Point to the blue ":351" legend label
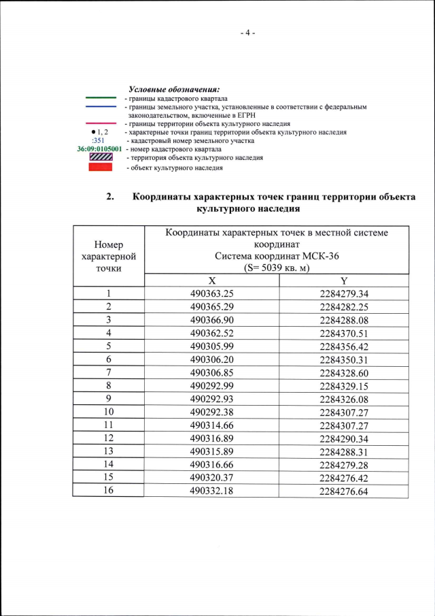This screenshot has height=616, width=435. coord(97,141)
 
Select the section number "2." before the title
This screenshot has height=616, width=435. coord(110,197)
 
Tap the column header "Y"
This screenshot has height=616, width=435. coord(344,280)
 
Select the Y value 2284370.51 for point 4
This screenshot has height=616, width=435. coord(344,334)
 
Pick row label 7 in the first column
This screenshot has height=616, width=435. coord(109,373)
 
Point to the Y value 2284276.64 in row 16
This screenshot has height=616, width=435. coord(344,491)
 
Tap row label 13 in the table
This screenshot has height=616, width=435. coord(109,451)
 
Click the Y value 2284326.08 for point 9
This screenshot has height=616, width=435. coord(344,399)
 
